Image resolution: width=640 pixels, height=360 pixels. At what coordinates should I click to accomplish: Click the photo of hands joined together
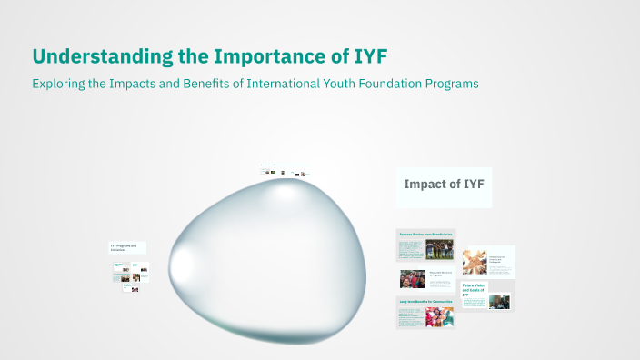tap(475, 262)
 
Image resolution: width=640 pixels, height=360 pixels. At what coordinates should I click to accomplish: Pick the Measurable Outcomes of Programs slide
tap(425, 278)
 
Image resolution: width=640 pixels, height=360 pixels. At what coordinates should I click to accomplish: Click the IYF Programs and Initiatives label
tap(126, 246)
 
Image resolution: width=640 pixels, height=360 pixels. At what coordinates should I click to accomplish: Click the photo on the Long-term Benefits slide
tap(439, 316)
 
